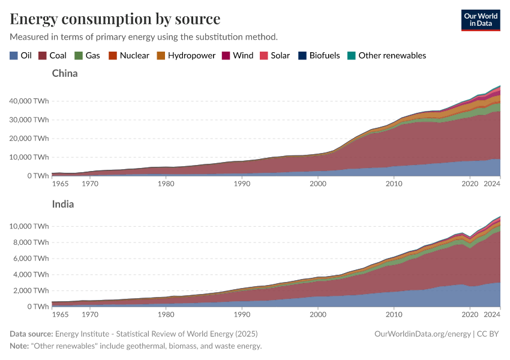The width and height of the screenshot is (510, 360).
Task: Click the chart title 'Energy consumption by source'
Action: pyautogui.click(x=115, y=19)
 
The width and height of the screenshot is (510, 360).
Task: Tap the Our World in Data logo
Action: pyautogui.click(x=480, y=20)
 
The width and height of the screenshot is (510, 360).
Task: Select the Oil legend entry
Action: pyautogui.click(x=21, y=55)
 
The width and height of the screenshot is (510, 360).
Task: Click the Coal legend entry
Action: pyautogui.click(x=52, y=55)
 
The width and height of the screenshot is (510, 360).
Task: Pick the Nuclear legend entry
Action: pyautogui.click(x=128, y=55)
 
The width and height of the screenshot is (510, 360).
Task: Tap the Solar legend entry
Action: pyautogui.click(x=274, y=55)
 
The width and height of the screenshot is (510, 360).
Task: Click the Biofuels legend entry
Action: pyautogui.click(x=319, y=55)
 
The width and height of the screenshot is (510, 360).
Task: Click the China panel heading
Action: pyautogui.click(x=65, y=74)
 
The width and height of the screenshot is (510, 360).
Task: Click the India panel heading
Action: pyautogui.click(x=63, y=204)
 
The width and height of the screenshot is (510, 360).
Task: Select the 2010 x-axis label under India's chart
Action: pyautogui.click(x=394, y=314)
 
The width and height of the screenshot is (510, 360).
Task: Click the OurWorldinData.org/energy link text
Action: pyautogui.click(x=422, y=334)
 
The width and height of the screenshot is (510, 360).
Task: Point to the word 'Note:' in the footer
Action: pyautogui.click(x=21, y=346)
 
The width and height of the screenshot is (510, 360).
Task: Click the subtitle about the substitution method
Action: pyautogui.click(x=143, y=37)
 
